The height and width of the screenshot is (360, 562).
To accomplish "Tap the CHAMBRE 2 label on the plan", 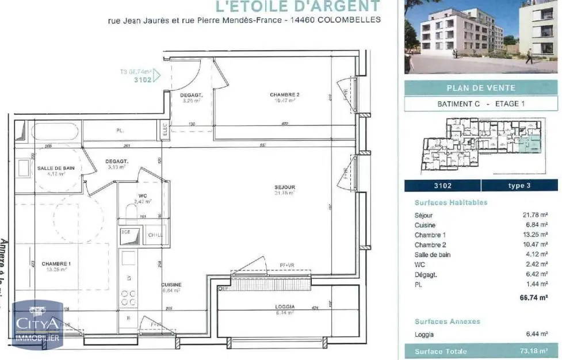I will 285,94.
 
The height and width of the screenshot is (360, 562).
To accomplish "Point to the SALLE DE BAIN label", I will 56,168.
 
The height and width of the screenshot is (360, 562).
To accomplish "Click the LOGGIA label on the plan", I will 285,307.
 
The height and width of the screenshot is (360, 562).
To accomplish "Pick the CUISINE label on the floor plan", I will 171,285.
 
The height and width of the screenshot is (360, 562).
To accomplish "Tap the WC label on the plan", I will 143,196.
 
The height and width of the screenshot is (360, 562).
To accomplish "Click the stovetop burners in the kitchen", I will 128,297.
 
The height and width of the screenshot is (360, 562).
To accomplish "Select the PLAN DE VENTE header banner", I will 481,88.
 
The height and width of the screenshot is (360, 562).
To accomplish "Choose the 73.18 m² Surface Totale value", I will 534,351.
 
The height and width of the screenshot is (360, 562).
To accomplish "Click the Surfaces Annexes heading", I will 447,321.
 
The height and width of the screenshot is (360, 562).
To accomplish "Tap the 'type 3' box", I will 520,185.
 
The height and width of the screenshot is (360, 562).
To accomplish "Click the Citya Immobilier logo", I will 38,325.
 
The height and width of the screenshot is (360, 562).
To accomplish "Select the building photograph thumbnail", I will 480,36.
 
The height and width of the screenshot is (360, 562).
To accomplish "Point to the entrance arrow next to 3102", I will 157,75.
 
